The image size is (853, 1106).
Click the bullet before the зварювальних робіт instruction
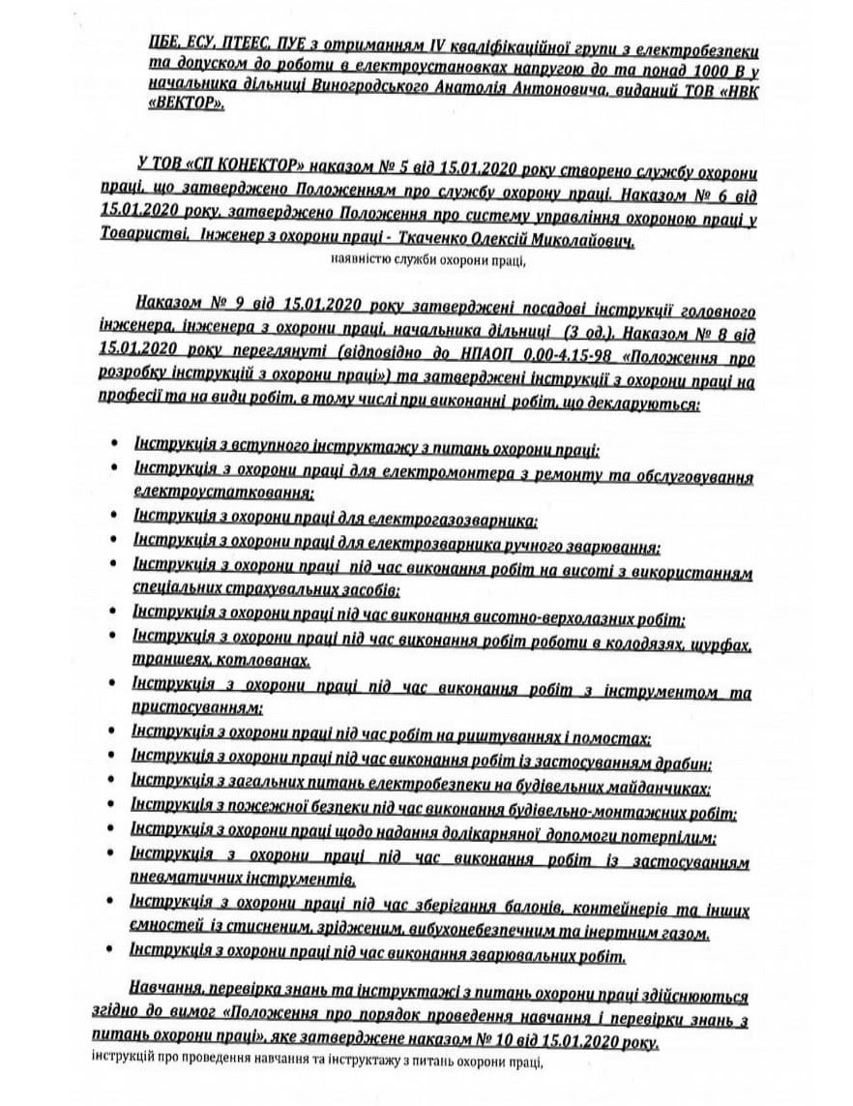point(116,953)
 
